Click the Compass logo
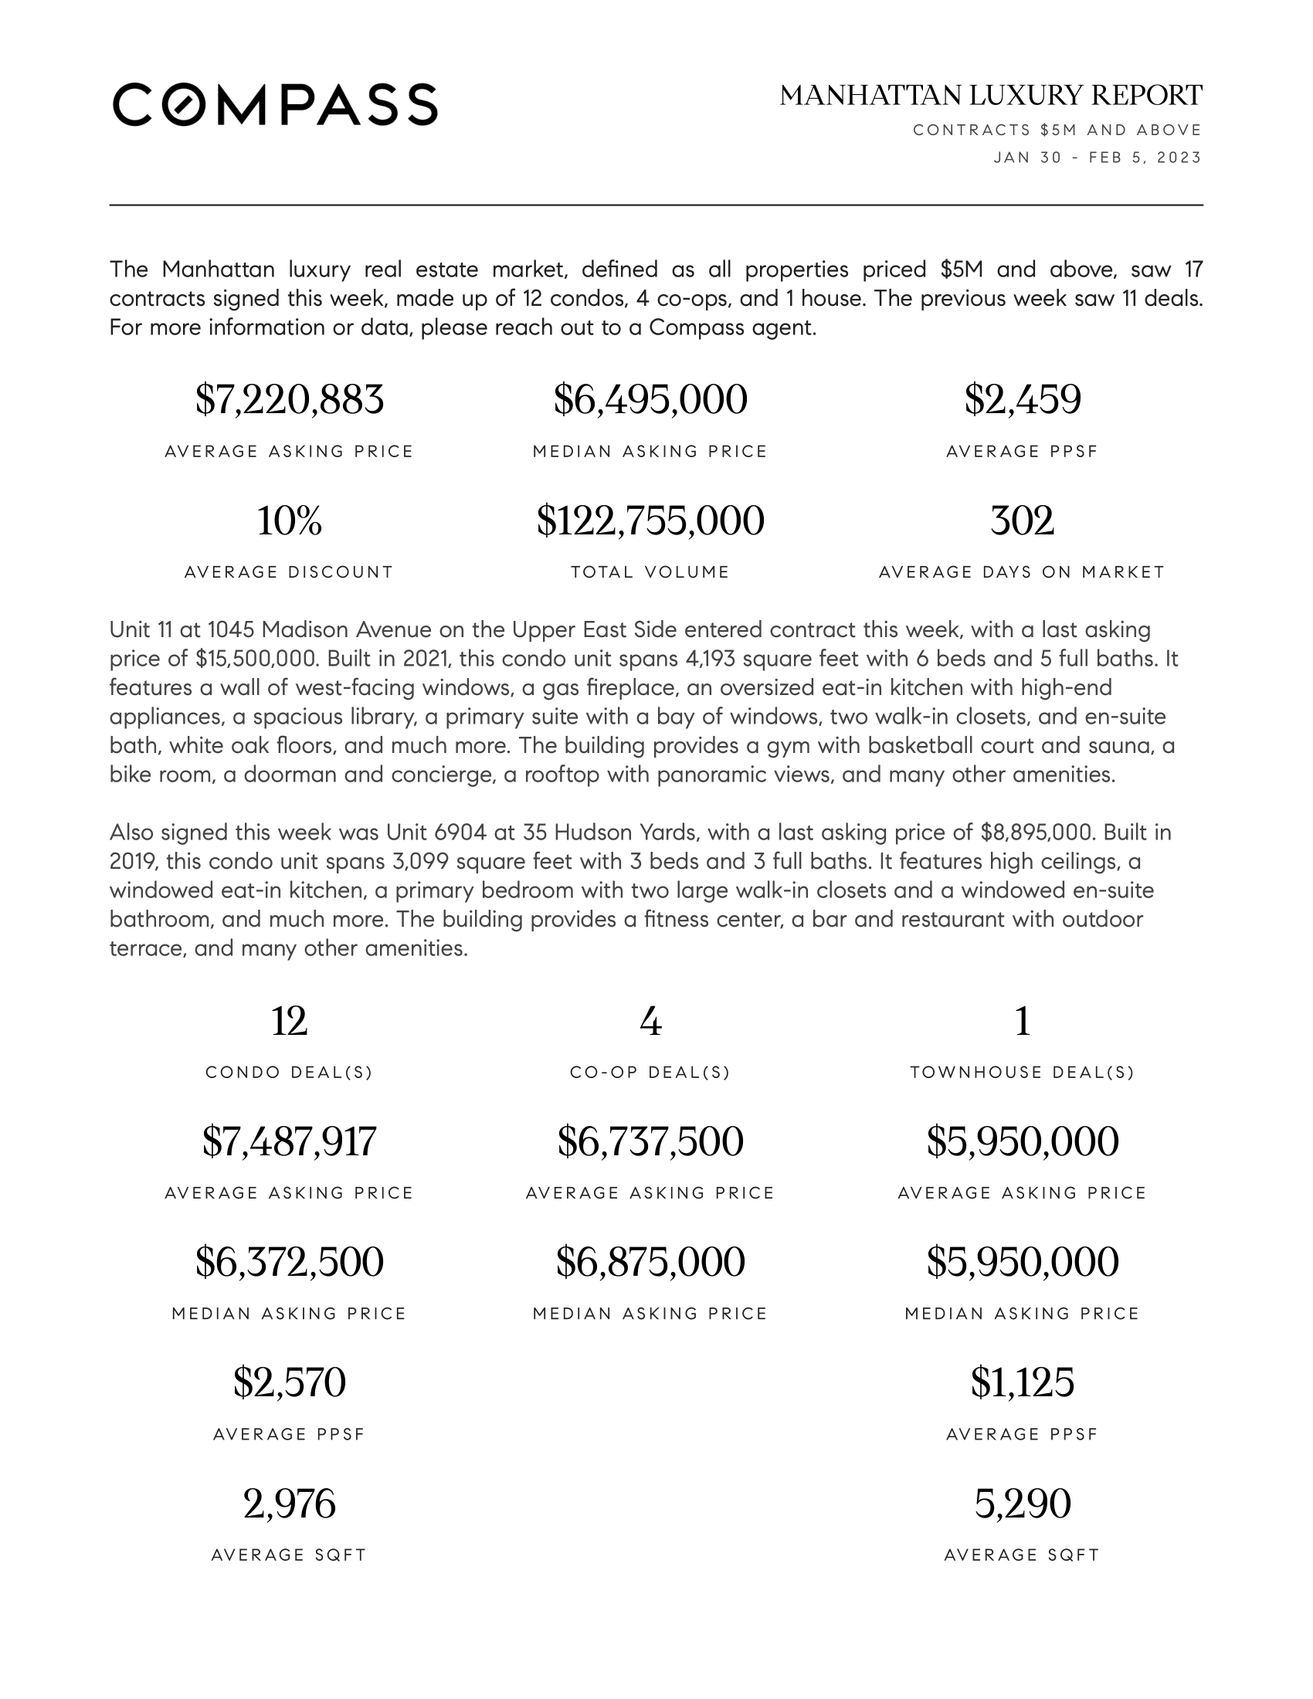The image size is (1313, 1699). point(275,104)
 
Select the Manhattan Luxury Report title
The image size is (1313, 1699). point(991,96)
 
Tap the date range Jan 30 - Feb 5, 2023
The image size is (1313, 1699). point(1098,158)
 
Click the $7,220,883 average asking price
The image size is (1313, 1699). point(290,400)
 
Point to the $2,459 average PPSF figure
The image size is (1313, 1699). point(1022,400)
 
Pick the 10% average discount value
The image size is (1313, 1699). point(290,521)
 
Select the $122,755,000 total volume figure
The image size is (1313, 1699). point(650,521)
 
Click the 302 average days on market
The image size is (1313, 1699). point(1022,521)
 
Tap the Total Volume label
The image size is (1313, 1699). point(650,572)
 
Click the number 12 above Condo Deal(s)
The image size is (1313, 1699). point(290,1021)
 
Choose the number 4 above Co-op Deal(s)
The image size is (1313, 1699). point(650,1021)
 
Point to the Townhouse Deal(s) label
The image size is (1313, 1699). point(1022,1073)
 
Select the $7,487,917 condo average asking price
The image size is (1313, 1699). point(290,1141)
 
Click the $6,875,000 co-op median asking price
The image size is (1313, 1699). point(650,1262)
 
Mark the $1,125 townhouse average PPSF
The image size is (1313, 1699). point(1022,1382)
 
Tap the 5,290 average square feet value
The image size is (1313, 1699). point(1022,1503)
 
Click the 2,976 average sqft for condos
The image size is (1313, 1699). point(290,1503)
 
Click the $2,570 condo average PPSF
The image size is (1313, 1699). point(290,1382)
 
